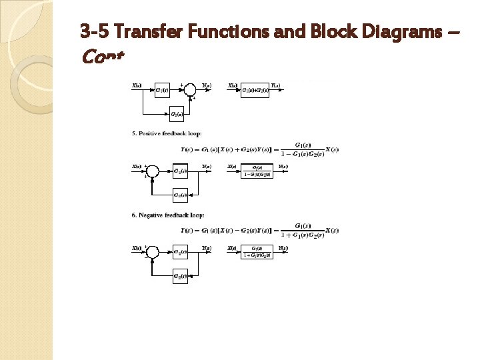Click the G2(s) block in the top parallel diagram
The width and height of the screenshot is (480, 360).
[177, 115]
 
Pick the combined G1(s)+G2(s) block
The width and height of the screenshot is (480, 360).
[255, 90]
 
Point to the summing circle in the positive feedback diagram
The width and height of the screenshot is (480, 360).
[153, 171]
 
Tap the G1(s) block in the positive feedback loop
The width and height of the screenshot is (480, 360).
[180, 171]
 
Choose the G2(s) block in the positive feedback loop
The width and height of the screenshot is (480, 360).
[180, 195]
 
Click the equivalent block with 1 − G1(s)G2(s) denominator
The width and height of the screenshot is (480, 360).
[257, 172]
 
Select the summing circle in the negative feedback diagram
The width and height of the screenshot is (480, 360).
[153, 252]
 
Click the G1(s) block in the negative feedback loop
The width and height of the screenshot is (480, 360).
[180, 252]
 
